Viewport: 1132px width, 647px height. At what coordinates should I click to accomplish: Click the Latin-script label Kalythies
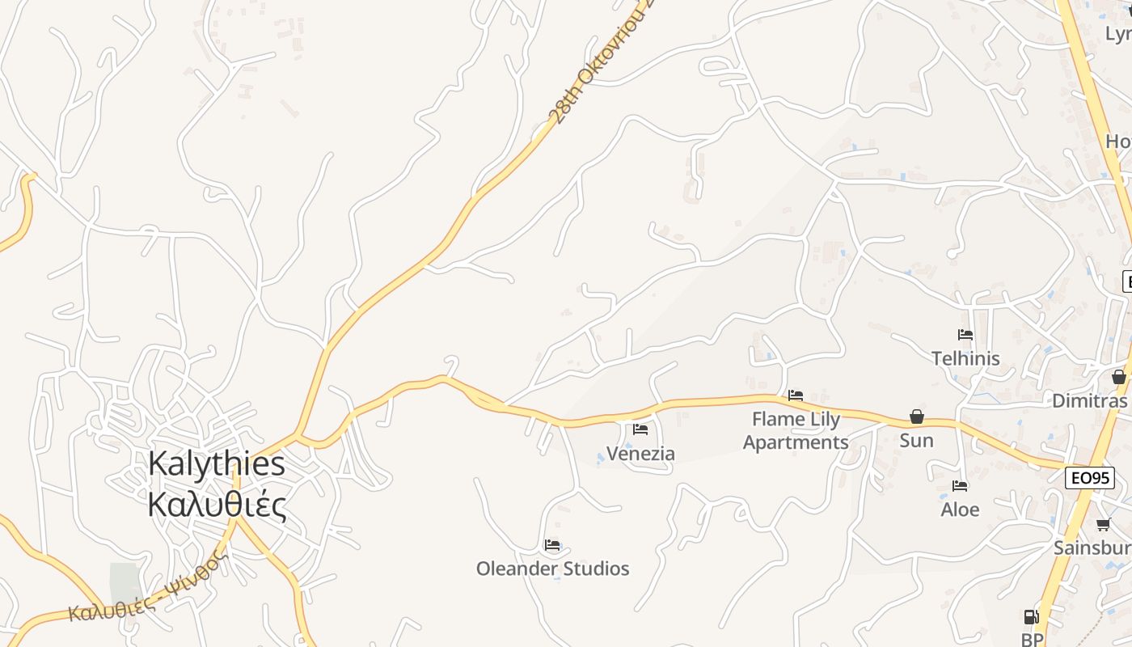click(x=217, y=464)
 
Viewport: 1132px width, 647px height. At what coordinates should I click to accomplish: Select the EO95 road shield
click(x=1089, y=478)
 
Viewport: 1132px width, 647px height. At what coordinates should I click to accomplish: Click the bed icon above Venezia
click(x=640, y=429)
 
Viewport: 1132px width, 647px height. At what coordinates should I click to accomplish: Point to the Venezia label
click(x=640, y=453)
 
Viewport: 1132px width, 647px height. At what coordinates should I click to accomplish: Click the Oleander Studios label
click(x=552, y=569)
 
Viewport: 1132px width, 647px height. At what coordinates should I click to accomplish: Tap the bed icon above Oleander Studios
click(x=552, y=545)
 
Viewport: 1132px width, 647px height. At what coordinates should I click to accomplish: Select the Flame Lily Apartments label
click(x=796, y=431)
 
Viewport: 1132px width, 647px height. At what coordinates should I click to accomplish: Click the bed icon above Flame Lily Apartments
click(x=796, y=395)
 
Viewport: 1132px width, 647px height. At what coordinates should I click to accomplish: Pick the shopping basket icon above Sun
click(x=917, y=417)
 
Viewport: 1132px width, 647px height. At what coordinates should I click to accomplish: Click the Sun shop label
click(x=916, y=441)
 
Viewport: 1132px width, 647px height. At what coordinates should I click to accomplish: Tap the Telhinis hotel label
click(x=965, y=358)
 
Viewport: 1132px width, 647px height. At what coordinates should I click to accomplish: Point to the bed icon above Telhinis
click(x=965, y=335)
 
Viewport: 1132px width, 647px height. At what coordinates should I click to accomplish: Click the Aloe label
click(x=960, y=510)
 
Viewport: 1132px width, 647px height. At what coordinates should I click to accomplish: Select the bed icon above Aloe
click(x=960, y=486)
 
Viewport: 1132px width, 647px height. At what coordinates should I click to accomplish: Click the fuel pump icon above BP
click(x=1031, y=617)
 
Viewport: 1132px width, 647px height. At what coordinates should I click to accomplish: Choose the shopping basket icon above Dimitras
click(x=1118, y=377)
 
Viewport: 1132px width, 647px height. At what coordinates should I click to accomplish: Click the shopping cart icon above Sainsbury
click(x=1103, y=525)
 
